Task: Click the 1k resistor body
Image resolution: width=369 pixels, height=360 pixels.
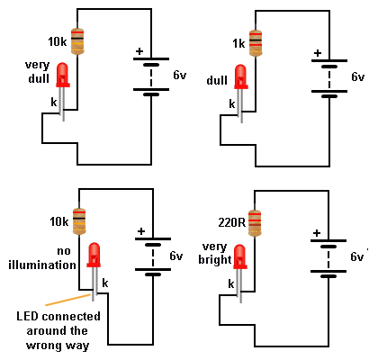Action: (256, 43)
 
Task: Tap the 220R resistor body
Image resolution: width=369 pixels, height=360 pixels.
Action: (255, 223)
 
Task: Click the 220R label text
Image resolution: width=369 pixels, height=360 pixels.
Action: (231, 222)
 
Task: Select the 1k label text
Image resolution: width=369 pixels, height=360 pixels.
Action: (238, 44)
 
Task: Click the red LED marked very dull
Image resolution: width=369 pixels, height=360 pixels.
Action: (63, 75)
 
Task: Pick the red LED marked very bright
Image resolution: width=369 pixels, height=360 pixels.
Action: (240, 256)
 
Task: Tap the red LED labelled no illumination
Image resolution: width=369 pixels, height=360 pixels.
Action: (94, 255)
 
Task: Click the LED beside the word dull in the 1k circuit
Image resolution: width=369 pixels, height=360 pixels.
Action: (241, 76)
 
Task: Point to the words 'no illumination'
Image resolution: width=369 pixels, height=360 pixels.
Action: (42, 258)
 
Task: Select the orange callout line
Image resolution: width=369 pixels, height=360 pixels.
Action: (67, 300)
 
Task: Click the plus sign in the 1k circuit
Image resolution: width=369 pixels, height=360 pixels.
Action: (318, 53)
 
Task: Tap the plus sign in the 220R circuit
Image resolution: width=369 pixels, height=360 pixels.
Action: (317, 233)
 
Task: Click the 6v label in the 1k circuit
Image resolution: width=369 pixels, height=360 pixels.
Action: (358, 76)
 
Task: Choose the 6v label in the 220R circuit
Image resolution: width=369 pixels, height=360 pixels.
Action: (357, 256)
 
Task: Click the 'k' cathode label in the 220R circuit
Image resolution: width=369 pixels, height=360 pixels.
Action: (231, 283)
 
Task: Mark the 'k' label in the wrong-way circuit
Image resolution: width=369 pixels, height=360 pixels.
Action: (105, 283)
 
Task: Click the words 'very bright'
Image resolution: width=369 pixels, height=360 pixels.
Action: (215, 254)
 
